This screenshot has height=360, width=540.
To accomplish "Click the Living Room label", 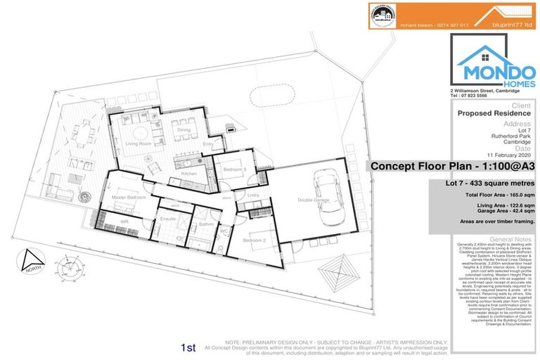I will point(139,143).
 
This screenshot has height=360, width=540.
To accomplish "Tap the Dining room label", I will point(184,130).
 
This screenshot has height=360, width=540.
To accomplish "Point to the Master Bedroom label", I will point(128,198).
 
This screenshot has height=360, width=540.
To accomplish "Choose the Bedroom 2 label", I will point(254,240).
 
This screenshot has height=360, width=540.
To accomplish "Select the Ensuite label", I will point(169,219).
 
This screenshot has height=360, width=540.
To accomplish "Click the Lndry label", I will point(254,195).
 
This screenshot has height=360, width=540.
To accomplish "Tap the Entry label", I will point(208,145).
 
